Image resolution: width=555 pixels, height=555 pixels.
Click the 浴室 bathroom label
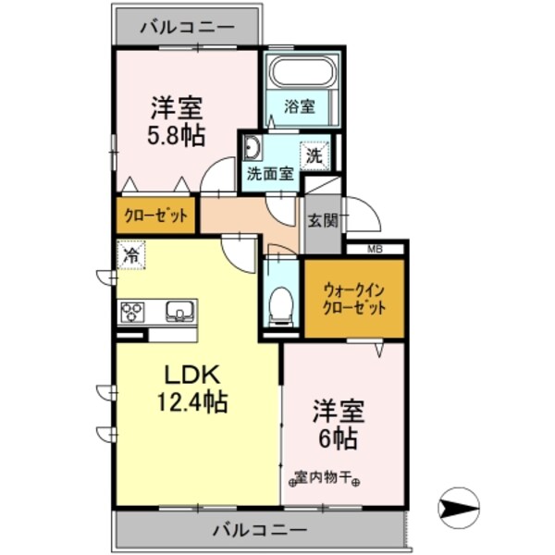300,106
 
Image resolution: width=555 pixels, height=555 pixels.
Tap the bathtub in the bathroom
302,71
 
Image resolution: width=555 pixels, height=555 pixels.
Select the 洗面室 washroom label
269,172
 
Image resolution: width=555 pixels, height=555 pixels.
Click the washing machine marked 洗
314,155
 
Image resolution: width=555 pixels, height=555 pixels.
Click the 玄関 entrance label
323,221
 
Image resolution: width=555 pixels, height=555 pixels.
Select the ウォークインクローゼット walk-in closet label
354,300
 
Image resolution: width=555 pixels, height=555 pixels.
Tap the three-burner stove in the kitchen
133,310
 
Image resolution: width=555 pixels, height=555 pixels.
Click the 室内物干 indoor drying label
327,478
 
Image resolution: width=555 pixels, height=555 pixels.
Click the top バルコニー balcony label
187,27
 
